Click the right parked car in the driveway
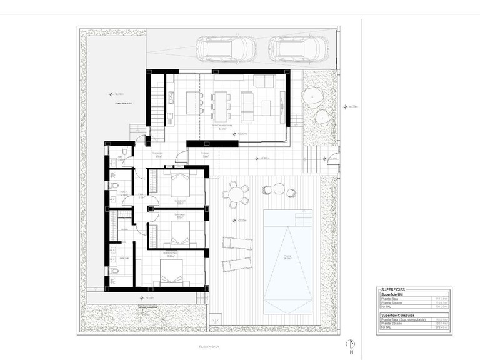click(x=298, y=47)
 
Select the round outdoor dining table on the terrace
click(x=236, y=195)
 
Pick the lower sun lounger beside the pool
click(x=236, y=263)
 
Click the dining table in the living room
click(x=220, y=106)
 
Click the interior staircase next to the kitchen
click(x=157, y=97)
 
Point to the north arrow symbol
click(x=352, y=344)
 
